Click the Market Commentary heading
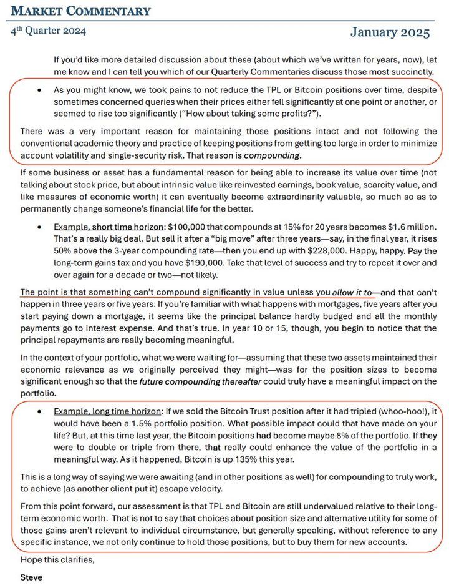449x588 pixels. pos(81,11)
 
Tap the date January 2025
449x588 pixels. pos(390,32)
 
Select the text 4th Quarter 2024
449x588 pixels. pos(48,31)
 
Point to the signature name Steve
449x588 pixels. pos(31,577)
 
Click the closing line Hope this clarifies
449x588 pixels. pos(57,559)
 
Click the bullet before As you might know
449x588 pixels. pos(39,90)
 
